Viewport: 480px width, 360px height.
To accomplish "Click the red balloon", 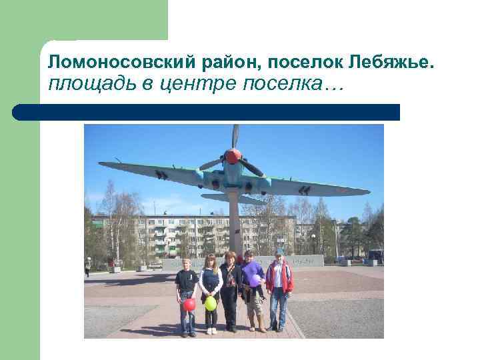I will pyautogui.click(x=189, y=304).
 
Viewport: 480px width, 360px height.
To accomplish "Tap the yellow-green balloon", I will pyautogui.click(x=211, y=303).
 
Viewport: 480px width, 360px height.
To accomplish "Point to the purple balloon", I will pyautogui.click(x=255, y=280).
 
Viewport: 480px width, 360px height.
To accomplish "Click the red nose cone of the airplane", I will pyautogui.click(x=233, y=156).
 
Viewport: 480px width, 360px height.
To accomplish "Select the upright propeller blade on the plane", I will pyautogui.click(x=235, y=136).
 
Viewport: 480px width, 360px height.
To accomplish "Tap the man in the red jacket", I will pyautogui.click(x=279, y=287).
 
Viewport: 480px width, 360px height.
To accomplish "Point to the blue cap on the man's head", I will pyautogui.click(x=279, y=253).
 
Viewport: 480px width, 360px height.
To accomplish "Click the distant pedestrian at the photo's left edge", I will pyautogui.click(x=87, y=266).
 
